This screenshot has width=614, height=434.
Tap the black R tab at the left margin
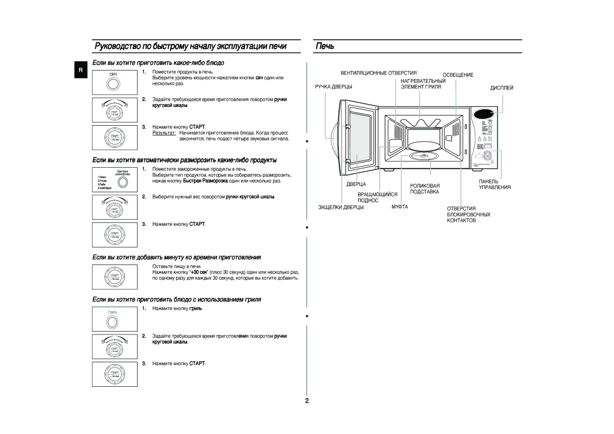point(81,70)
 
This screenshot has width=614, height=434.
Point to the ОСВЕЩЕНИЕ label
point(458,75)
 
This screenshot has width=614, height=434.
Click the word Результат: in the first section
point(164,132)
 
